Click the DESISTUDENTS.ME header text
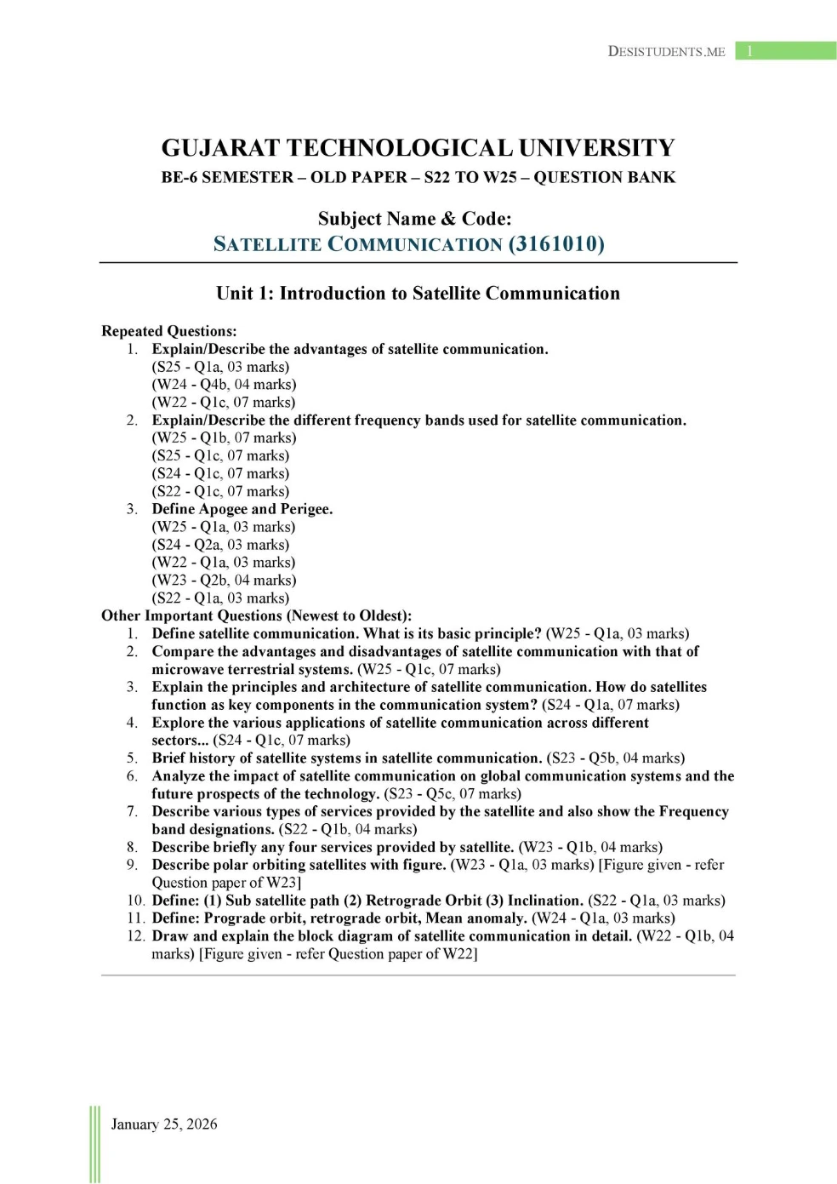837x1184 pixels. pos(666,51)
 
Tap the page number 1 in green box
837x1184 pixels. pos(749,51)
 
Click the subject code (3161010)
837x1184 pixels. pos(556,244)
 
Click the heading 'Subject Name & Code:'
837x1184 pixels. pos(414,219)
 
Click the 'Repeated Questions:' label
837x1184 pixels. pos(169,331)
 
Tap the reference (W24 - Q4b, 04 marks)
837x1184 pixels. pos(224,385)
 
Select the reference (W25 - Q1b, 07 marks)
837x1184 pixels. pos(224,438)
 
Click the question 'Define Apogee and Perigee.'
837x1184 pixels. pos(242,509)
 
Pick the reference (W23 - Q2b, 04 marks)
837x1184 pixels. pos(224,581)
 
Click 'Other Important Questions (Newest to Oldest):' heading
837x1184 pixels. pos(256,615)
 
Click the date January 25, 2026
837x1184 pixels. pos(164,1124)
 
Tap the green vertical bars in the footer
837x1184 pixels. pos(94,1144)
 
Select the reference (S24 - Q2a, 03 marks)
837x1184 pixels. pos(220,545)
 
